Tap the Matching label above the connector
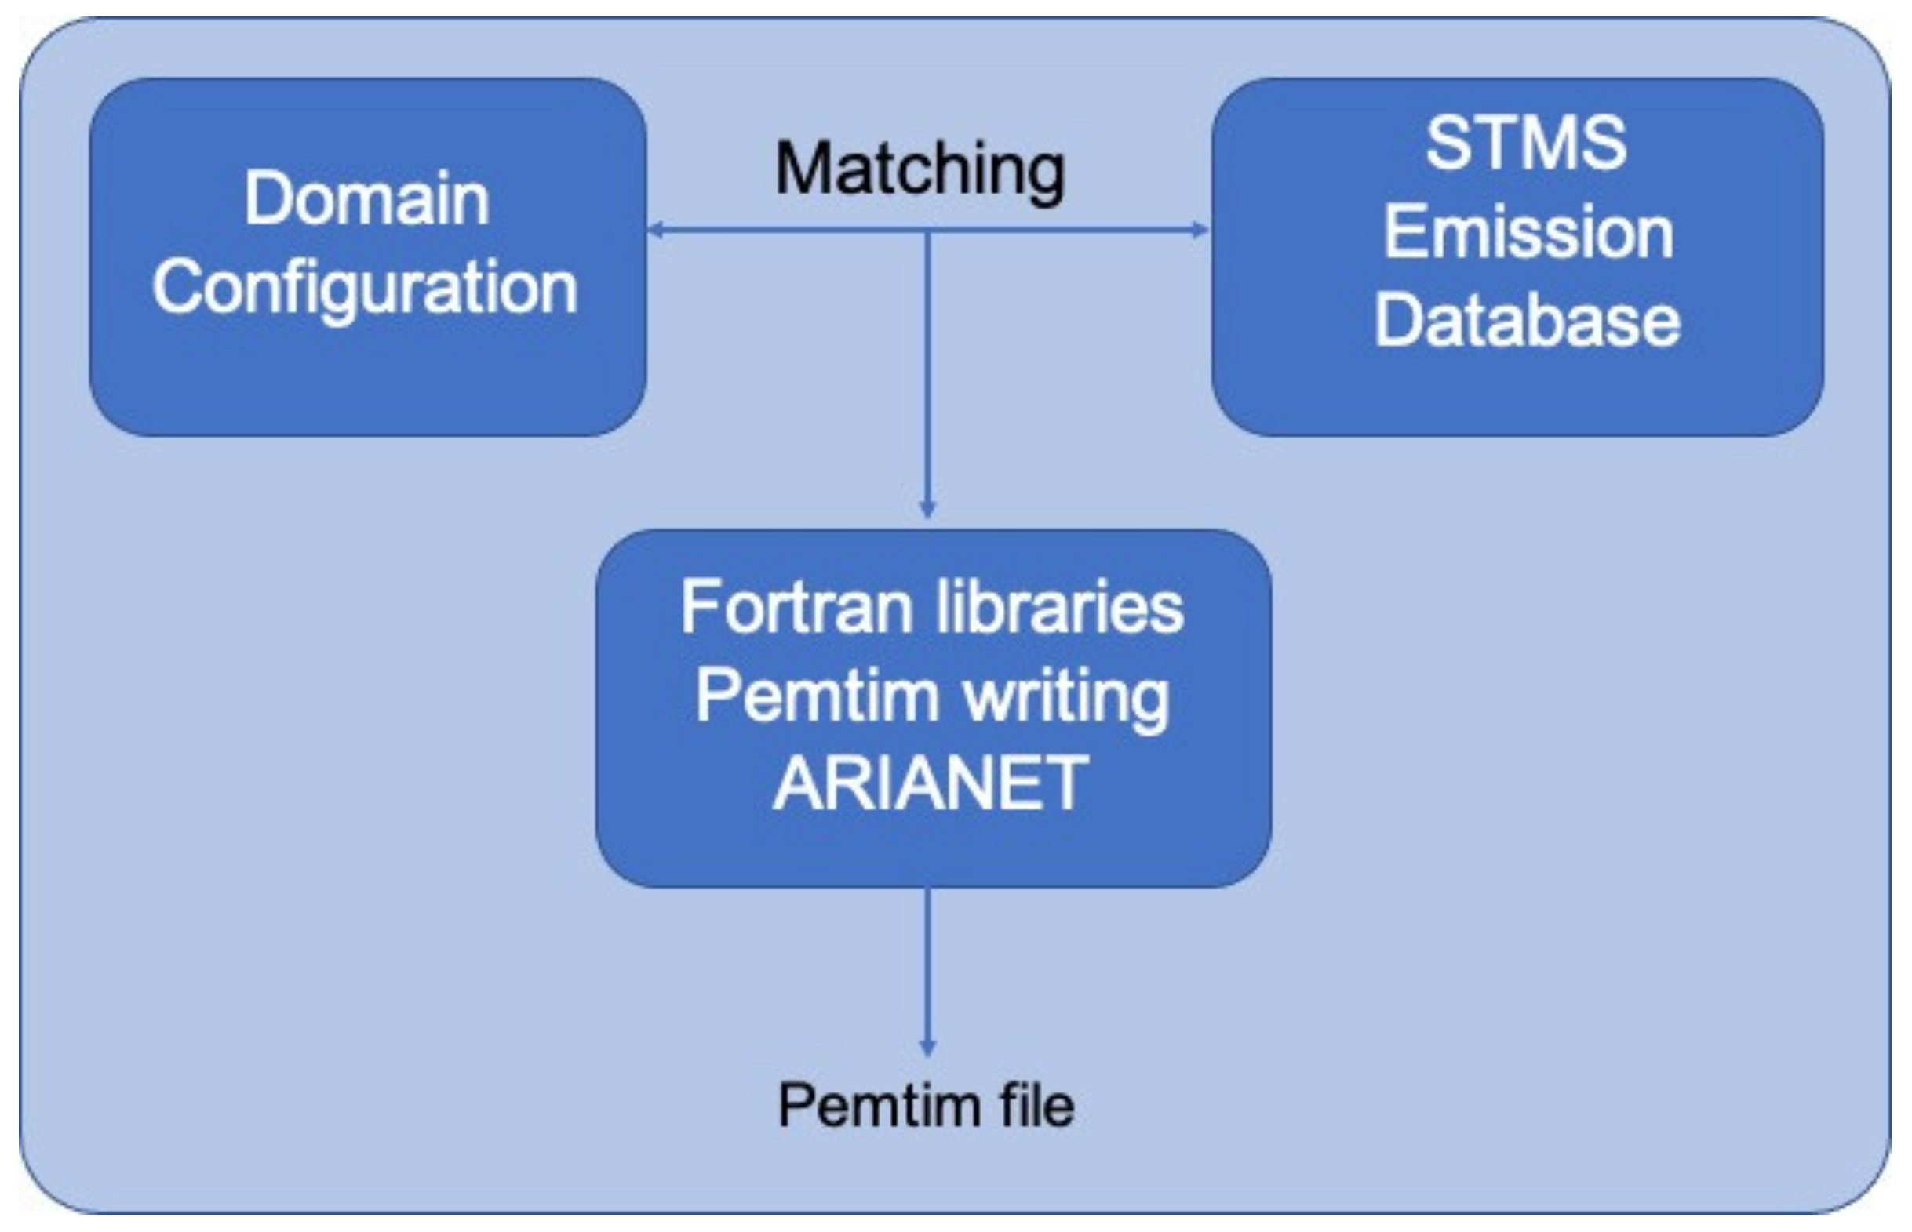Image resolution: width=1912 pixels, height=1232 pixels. coord(920,169)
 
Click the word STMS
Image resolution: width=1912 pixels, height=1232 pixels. coord(1525,144)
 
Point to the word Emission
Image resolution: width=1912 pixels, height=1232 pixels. coord(1528,232)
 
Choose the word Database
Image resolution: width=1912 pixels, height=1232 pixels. coord(1527,321)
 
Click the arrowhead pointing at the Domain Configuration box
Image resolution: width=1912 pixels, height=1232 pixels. coord(654,231)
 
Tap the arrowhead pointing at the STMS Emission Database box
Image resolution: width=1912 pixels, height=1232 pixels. coord(1201,231)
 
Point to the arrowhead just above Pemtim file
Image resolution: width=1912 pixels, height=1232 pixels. coord(927,1047)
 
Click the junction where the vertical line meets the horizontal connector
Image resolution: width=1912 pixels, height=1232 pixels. coord(927,231)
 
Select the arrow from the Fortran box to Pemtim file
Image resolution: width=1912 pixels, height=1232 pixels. coord(927,968)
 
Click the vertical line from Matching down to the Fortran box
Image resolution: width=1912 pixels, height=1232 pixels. coord(927,368)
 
